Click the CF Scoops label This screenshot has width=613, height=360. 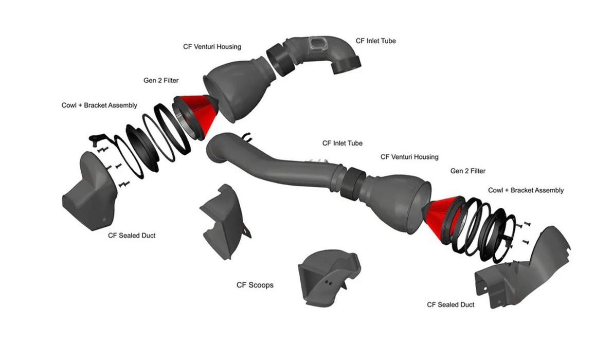pyautogui.click(x=255, y=284)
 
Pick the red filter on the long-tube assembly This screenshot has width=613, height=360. pyautogui.click(x=442, y=216)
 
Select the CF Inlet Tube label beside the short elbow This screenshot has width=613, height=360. pyautogui.click(x=375, y=41)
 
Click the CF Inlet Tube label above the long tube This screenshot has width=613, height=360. pyautogui.click(x=342, y=143)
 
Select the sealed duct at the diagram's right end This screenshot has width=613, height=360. pyautogui.click(x=525, y=267)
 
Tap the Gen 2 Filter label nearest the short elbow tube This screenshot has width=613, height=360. pyautogui.click(x=161, y=81)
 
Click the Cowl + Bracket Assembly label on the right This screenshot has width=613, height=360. pyautogui.click(x=526, y=190)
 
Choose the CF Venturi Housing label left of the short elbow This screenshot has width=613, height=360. pyautogui.click(x=212, y=46)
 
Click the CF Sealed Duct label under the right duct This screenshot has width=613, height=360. pyautogui.click(x=450, y=304)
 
